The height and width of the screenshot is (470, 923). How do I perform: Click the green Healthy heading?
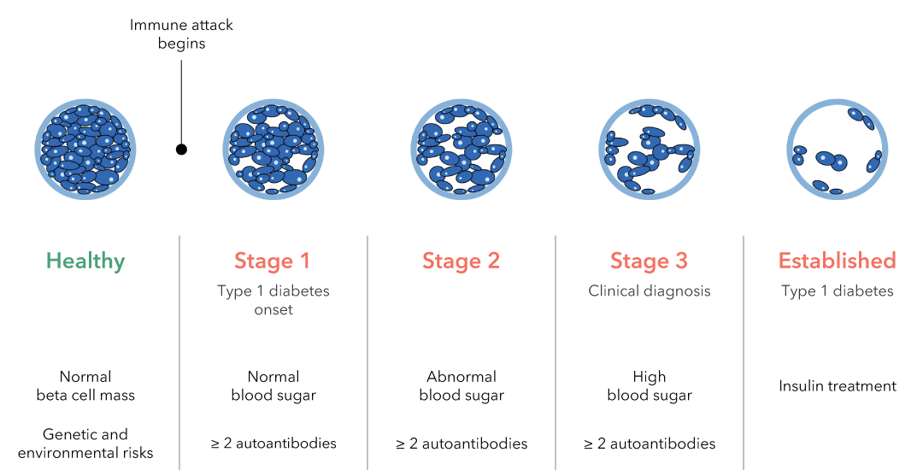(85, 261)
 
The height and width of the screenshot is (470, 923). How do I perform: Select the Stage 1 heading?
(272, 261)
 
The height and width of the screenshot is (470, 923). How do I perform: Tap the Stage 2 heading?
(461, 261)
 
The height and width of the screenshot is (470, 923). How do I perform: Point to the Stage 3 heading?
(649, 261)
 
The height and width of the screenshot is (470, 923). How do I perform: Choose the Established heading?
(837, 261)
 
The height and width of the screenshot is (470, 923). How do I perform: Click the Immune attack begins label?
(181, 34)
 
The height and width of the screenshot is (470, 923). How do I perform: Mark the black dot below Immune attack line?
(181, 150)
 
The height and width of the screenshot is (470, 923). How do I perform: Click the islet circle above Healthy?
(85, 150)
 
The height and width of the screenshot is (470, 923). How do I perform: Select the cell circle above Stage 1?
(273, 150)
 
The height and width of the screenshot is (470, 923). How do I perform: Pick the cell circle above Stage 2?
(461, 150)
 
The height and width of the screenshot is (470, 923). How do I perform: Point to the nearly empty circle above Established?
(789, 150)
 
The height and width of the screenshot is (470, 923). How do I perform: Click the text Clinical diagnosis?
(650, 291)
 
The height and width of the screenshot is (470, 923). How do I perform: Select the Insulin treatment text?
(837, 386)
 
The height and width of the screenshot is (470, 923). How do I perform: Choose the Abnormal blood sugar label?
(461, 386)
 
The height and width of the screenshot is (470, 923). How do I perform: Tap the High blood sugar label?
(650, 386)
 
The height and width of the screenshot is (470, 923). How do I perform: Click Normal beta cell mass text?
(85, 386)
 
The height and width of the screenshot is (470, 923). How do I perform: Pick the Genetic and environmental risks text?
(85, 444)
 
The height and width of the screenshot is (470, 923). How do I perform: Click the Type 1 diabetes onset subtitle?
(273, 300)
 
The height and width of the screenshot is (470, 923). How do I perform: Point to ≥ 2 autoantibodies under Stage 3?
(650, 444)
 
